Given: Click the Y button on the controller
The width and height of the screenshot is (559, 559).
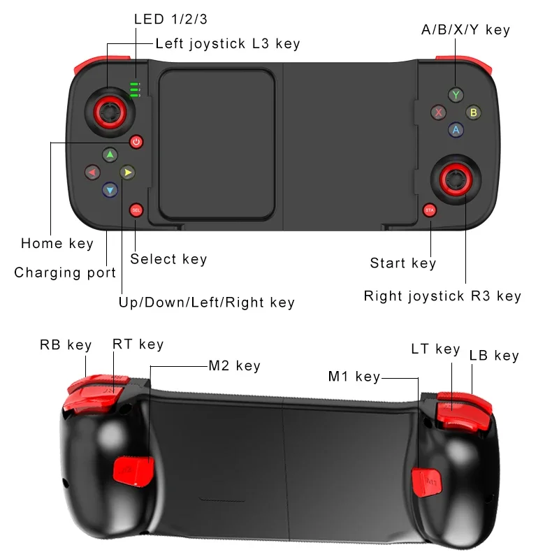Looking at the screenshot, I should (456, 94).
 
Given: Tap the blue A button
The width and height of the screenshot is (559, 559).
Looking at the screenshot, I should (456, 129).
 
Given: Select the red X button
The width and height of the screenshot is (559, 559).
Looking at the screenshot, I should (438, 112).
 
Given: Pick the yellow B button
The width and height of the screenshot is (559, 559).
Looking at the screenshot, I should (473, 112).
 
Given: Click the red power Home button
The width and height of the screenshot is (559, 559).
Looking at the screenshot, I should (136, 142).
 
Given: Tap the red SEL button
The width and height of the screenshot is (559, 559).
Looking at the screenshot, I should (136, 210).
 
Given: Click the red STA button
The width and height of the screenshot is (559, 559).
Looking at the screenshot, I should (430, 210).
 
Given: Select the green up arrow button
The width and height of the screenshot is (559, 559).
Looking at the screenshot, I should (110, 154).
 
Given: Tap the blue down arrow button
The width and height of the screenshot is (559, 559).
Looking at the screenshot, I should (110, 189).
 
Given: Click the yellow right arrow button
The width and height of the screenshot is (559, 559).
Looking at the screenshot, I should (126, 172).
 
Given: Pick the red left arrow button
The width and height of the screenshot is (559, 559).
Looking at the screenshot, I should (92, 172).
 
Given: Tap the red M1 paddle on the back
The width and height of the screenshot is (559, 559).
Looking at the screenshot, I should (426, 482).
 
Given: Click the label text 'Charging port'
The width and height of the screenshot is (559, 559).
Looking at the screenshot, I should (65, 273).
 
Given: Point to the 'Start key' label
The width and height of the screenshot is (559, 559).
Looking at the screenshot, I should (402, 263).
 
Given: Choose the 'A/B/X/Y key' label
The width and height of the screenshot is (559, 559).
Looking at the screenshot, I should (465, 29).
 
